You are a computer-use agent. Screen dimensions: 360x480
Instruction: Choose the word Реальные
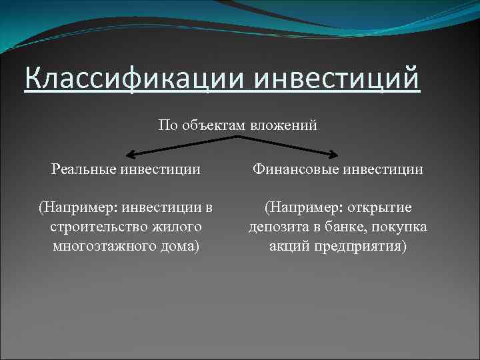point(85,169)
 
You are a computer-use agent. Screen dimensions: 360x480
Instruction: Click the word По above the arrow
point(169,125)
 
